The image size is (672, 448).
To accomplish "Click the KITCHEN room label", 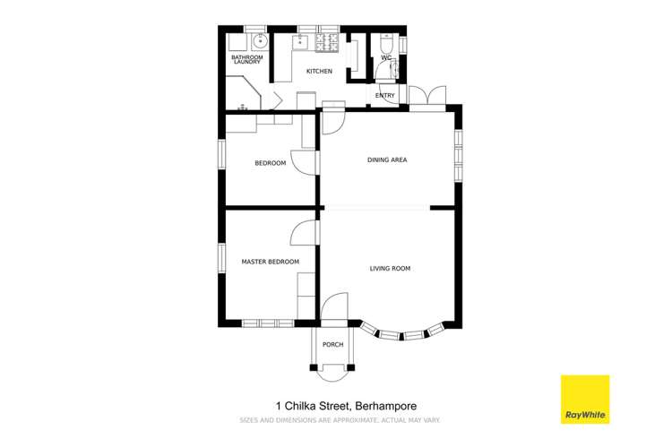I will point(320,71).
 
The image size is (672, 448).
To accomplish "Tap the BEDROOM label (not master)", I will point(270,163).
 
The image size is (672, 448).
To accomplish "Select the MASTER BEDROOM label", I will point(270,262).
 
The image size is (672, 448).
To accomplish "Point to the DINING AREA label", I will point(387,160).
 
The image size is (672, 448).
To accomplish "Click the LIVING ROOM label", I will point(390,268).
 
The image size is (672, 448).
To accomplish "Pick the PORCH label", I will point(333,345).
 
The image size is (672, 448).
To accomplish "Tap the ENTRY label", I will point(385,95).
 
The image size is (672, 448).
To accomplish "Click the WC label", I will point(386,59).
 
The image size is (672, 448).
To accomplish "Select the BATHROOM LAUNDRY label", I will point(246,59).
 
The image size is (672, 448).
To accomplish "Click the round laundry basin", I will point(260,41).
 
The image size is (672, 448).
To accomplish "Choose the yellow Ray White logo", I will point(584,399).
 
